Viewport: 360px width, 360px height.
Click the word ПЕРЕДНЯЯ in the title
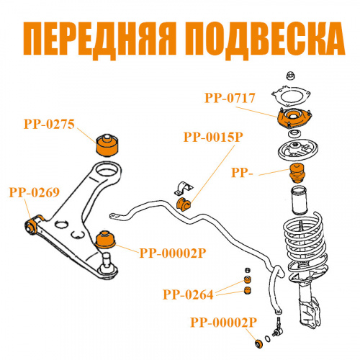[x=99, y=40]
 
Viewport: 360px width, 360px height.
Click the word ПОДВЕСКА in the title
[x=265, y=40]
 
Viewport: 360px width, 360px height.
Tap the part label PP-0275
[x=49, y=125]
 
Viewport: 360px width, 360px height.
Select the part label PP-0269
[x=35, y=192]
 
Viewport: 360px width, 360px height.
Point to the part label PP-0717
[x=230, y=98]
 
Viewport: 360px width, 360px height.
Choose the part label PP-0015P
[x=213, y=138]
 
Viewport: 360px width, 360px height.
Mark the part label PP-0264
[x=188, y=294]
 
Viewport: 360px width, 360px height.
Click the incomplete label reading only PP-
[x=242, y=173]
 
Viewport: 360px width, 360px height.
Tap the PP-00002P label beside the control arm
[x=173, y=253]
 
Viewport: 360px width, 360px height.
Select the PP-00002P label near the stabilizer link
[x=224, y=323]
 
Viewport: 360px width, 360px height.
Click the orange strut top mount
[x=294, y=118]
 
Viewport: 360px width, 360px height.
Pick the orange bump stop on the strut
[x=298, y=173]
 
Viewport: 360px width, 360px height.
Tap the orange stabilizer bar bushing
[x=184, y=204]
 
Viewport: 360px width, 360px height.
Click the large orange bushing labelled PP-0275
[x=107, y=145]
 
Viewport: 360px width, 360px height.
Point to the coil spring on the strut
[x=305, y=245]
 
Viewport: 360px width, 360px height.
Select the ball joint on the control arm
[x=108, y=266]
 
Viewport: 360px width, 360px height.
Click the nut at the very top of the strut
[x=291, y=76]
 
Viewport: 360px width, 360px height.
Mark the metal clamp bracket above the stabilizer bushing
[x=184, y=189]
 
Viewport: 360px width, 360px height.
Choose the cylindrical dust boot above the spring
[x=299, y=200]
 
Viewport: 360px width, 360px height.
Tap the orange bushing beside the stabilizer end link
[x=259, y=343]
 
